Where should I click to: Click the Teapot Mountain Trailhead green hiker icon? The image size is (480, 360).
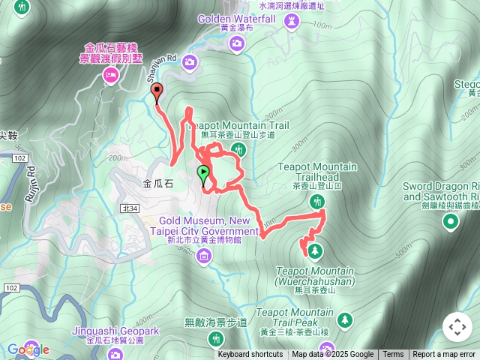(318, 201)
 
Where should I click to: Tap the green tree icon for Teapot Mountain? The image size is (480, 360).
(315, 250)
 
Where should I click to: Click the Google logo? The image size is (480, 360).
(28, 349)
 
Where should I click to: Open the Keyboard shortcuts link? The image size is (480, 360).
(250, 355)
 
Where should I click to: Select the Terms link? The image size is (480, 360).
(393, 355)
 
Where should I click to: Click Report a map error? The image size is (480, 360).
(444, 355)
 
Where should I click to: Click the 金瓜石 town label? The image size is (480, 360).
(158, 183)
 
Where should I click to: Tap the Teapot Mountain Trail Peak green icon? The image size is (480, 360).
(344, 319)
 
